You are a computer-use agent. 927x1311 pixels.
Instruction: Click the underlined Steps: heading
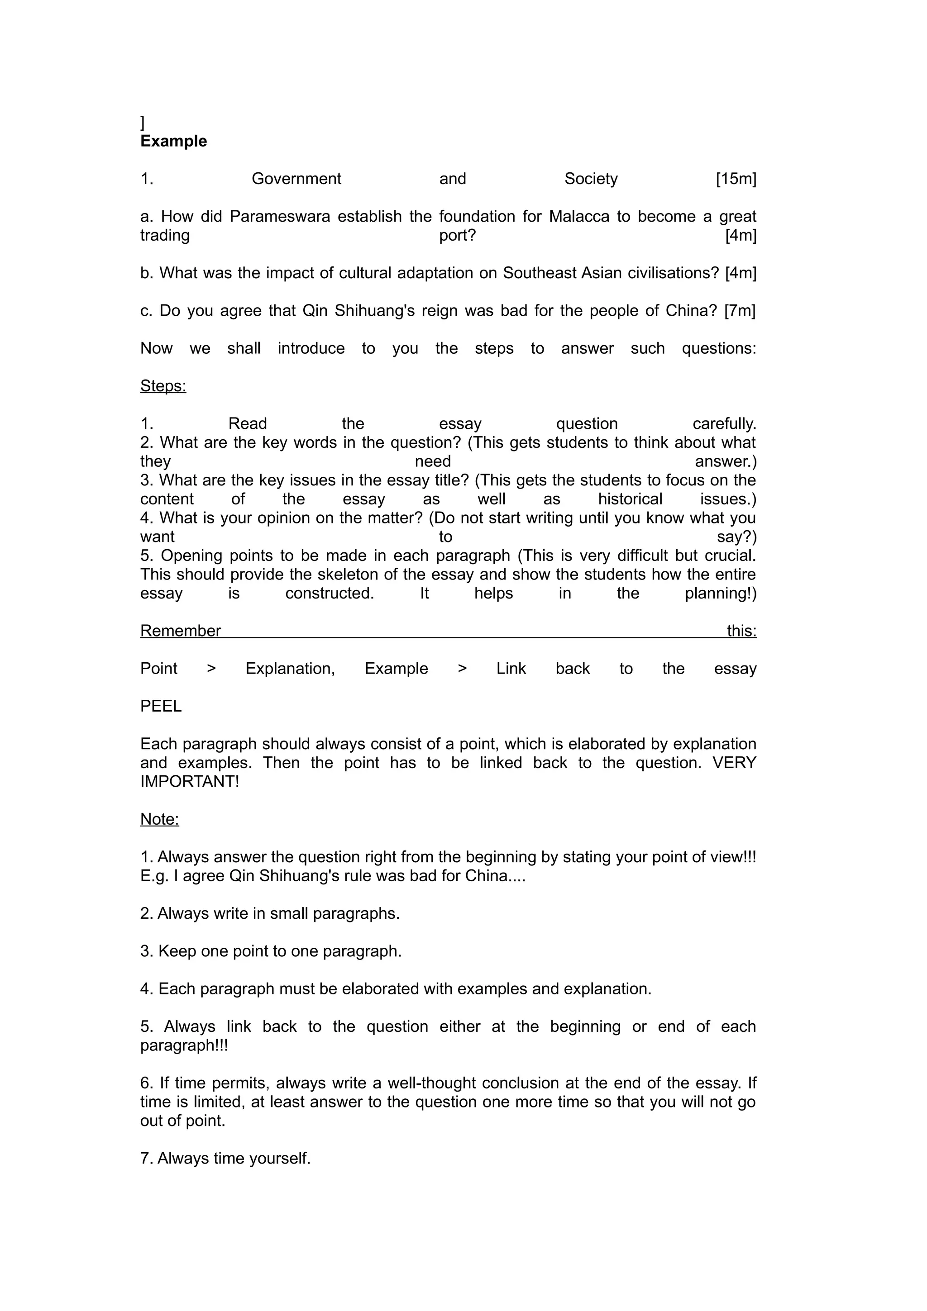163,386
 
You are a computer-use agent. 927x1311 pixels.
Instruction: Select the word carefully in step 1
724,424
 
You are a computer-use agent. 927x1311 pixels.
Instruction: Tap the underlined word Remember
181,631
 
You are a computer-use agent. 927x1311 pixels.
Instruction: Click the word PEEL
161,706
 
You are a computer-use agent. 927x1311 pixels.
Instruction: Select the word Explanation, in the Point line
290,669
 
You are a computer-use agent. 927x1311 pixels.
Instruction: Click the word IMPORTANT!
190,782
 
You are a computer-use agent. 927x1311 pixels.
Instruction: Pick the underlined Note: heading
159,819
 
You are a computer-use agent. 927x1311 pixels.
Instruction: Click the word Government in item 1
296,179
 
